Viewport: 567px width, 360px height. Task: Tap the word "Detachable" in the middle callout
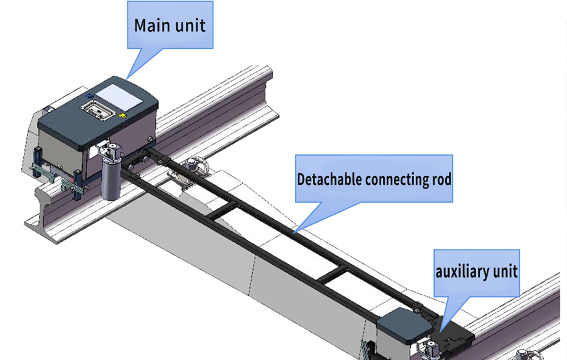click(329, 179)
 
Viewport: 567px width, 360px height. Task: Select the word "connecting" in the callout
click(396, 179)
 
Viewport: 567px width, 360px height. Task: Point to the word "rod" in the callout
click(440, 179)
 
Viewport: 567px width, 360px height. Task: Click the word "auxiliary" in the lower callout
click(460, 271)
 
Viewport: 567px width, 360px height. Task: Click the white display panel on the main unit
click(119, 93)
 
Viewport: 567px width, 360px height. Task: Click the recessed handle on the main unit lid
click(97, 109)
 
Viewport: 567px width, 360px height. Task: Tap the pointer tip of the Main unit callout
click(127, 77)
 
